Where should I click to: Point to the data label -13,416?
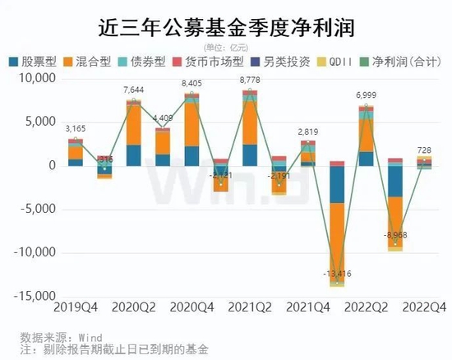(337, 274)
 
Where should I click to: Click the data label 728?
(424, 150)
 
